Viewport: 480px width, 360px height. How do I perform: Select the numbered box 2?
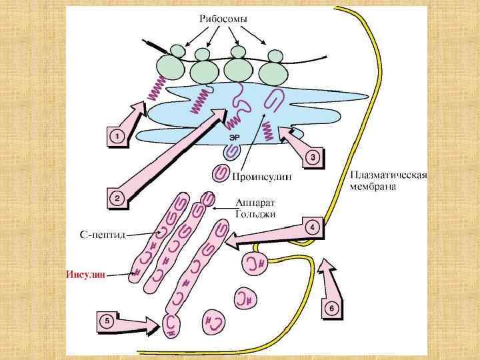coord(117,198)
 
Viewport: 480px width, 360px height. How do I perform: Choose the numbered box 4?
coord(313,227)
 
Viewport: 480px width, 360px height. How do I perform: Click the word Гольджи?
coord(256,213)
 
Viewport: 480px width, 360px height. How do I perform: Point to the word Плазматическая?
coord(388,175)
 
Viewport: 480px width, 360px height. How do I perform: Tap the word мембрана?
coord(373,187)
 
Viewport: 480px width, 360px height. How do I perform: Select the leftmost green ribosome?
coord(173,66)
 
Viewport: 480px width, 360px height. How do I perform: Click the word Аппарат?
coord(255,202)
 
